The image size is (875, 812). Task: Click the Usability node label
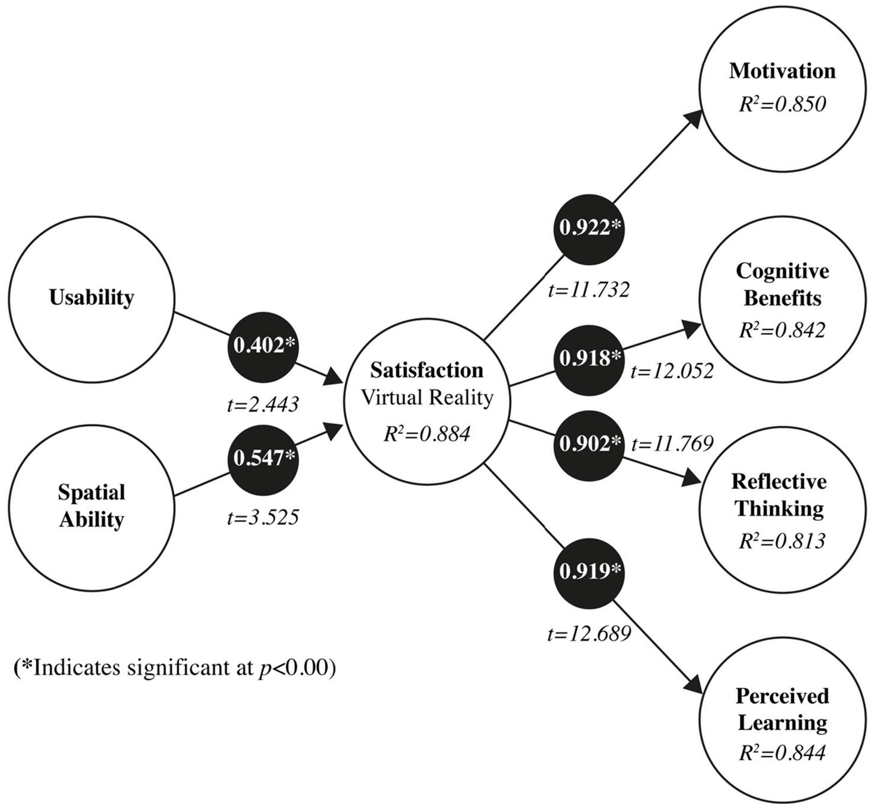pos(92,297)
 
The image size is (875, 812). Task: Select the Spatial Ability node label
pos(92,506)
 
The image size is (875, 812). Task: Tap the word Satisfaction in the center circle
pos(427,370)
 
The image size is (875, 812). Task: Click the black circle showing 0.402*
pos(263,346)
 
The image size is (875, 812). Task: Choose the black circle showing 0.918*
pos(589,359)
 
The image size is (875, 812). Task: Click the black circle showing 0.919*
pos(589,572)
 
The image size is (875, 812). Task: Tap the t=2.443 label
pos(263,405)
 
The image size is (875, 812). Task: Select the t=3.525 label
pos(263,518)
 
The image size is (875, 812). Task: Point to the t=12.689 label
pos(589,634)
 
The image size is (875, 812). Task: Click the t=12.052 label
pos(672,371)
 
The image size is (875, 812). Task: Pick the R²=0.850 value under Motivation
pos(782,105)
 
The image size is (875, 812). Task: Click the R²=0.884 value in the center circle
pos(427,434)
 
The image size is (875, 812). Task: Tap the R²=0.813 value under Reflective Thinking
pos(782,541)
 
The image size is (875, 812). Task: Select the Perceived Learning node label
pos(782,709)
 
